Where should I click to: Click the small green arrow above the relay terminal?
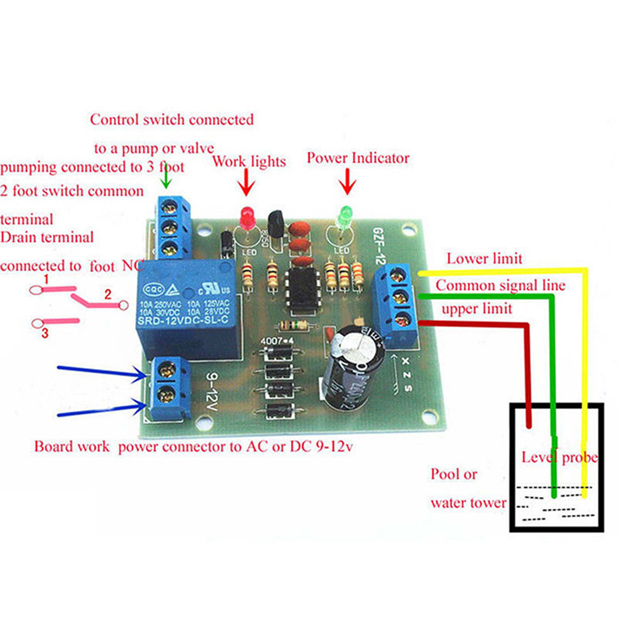[165, 179]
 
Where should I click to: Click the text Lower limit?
[484, 258]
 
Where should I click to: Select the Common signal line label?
[500, 286]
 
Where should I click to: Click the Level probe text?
[559, 458]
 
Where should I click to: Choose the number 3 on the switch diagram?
[45, 334]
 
